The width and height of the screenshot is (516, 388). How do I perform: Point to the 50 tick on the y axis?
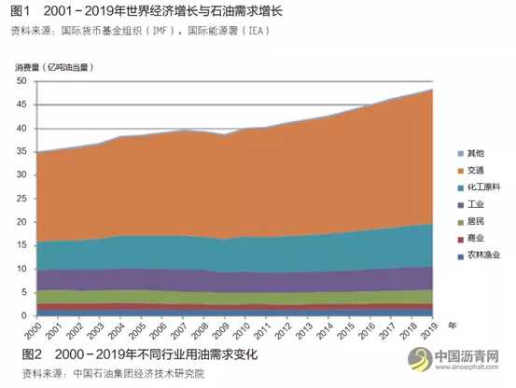pos(21,81)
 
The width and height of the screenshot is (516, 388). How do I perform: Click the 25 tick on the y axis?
pos(21,199)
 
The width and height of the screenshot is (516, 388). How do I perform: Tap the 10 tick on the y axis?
pos(21,270)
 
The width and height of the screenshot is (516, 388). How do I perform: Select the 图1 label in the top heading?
pos(23,11)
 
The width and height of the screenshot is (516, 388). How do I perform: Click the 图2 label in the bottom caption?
pos(23,353)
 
